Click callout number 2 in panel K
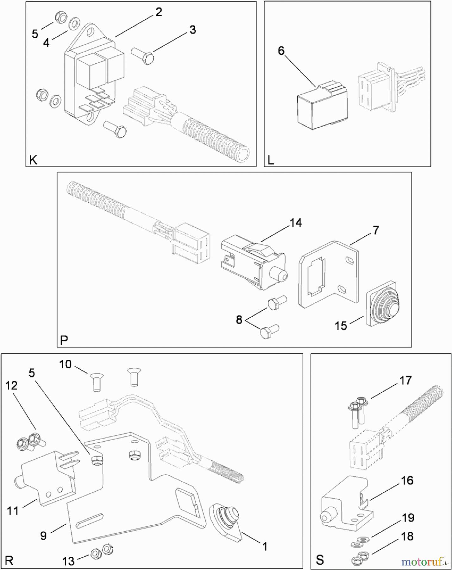(159, 12)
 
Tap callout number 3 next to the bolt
(192, 30)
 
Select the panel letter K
(33, 160)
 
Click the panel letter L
(271, 161)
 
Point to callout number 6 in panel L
(281, 51)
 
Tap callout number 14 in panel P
(296, 223)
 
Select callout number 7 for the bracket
(376, 230)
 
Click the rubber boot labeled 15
(383, 304)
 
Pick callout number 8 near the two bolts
(239, 320)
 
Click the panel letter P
(64, 340)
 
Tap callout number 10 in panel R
(66, 364)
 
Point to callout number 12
(11, 386)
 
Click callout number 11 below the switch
(13, 511)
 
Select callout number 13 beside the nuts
(68, 561)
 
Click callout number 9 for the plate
(43, 536)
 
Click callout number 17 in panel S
(405, 380)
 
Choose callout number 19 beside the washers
(408, 518)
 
